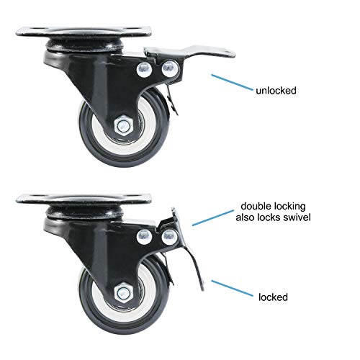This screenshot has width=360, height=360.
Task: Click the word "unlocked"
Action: click(x=276, y=91)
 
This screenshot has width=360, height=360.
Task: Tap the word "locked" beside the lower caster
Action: click(x=273, y=297)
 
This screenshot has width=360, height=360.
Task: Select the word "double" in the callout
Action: click(x=256, y=206)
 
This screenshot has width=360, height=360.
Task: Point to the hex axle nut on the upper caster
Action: click(x=122, y=125)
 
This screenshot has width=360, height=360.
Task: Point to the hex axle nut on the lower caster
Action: click(x=122, y=292)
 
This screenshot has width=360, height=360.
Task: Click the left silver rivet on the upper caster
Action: click(x=145, y=70)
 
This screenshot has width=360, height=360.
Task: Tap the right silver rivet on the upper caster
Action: click(x=170, y=68)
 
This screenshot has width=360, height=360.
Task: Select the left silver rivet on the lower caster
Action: click(x=145, y=237)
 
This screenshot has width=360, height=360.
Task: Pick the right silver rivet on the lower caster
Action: click(x=170, y=237)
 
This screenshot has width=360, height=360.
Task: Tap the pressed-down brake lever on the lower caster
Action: click(x=189, y=250)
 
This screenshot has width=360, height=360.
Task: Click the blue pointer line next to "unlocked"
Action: click(x=232, y=82)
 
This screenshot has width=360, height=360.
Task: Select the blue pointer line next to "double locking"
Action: click(x=213, y=217)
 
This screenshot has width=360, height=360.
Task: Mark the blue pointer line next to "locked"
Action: click(x=232, y=288)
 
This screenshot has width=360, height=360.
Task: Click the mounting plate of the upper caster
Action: click(x=84, y=32)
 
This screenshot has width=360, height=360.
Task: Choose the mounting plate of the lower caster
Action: click(x=84, y=199)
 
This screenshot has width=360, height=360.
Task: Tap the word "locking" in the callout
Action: click(x=289, y=207)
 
